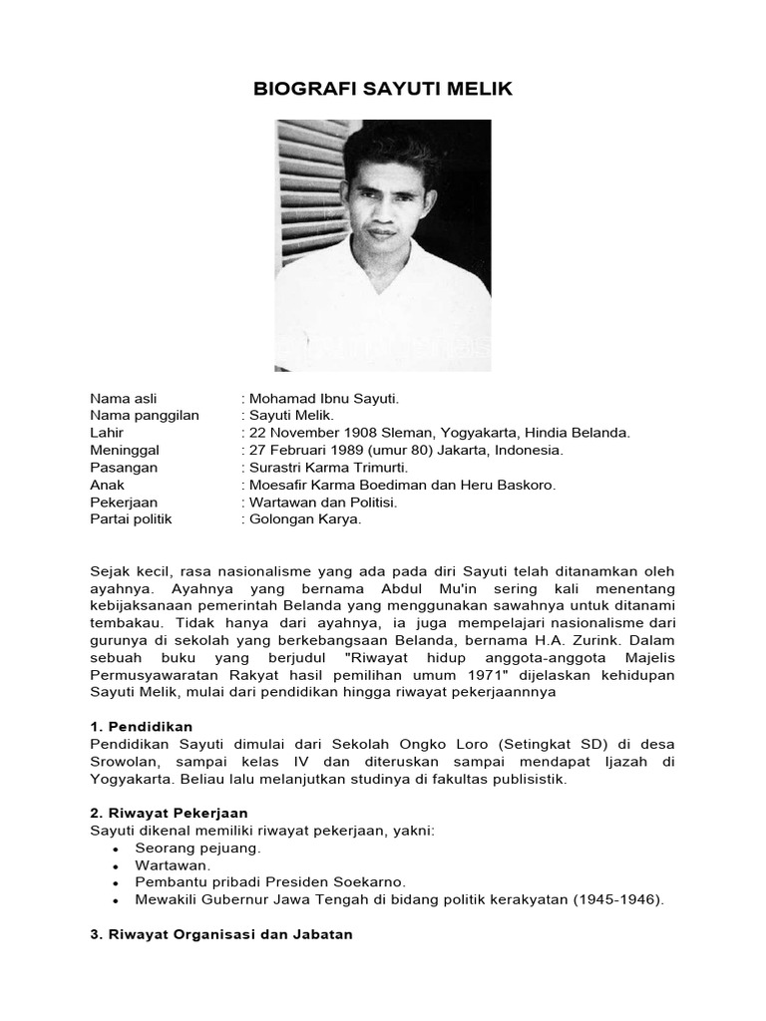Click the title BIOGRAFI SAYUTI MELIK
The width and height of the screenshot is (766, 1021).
pyautogui.click(x=382, y=89)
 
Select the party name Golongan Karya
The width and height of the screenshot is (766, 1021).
pyautogui.click(x=305, y=518)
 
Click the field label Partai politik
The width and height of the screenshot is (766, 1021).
pyautogui.click(x=131, y=518)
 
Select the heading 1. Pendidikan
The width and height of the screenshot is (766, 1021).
pyautogui.click(x=141, y=727)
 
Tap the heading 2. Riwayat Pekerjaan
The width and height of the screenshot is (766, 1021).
pyautogui.click(x=169, y=813)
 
